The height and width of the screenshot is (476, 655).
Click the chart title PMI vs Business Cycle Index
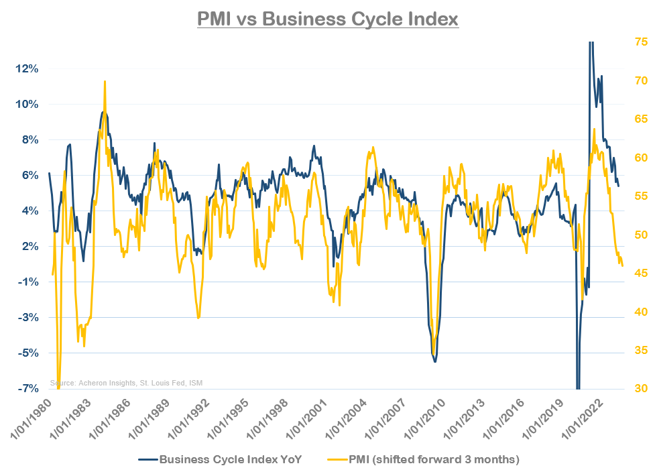(x=327, y=18)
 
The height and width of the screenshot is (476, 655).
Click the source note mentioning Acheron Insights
(x=126, y=383)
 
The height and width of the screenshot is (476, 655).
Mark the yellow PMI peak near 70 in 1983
(x=105, y=81)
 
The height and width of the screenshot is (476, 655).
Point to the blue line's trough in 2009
(x=435, y=361)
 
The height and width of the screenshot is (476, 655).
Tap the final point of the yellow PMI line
(x=623, y=266)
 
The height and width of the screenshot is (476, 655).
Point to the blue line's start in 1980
(x=49, y=173)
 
